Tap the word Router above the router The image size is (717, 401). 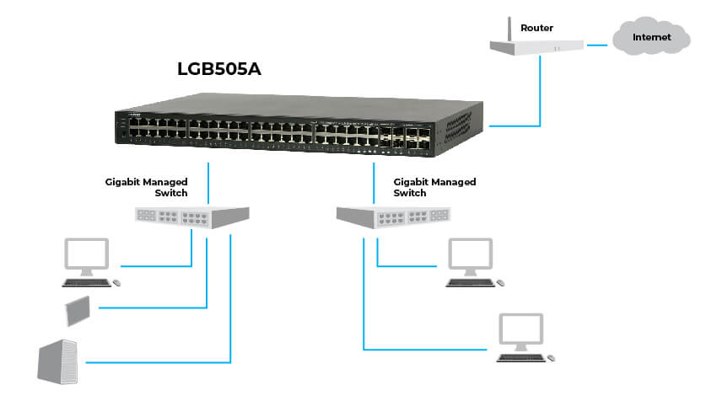(536, 28)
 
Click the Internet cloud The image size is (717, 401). (652, 38)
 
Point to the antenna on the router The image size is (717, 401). (509, 31)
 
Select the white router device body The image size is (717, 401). (539, 48)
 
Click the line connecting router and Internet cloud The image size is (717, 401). (598, 43)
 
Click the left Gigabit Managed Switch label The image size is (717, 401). (146, 187)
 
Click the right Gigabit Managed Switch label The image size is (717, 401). (434, 187)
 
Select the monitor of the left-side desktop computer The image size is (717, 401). (88, 254)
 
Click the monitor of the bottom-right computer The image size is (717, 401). (520, 331)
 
